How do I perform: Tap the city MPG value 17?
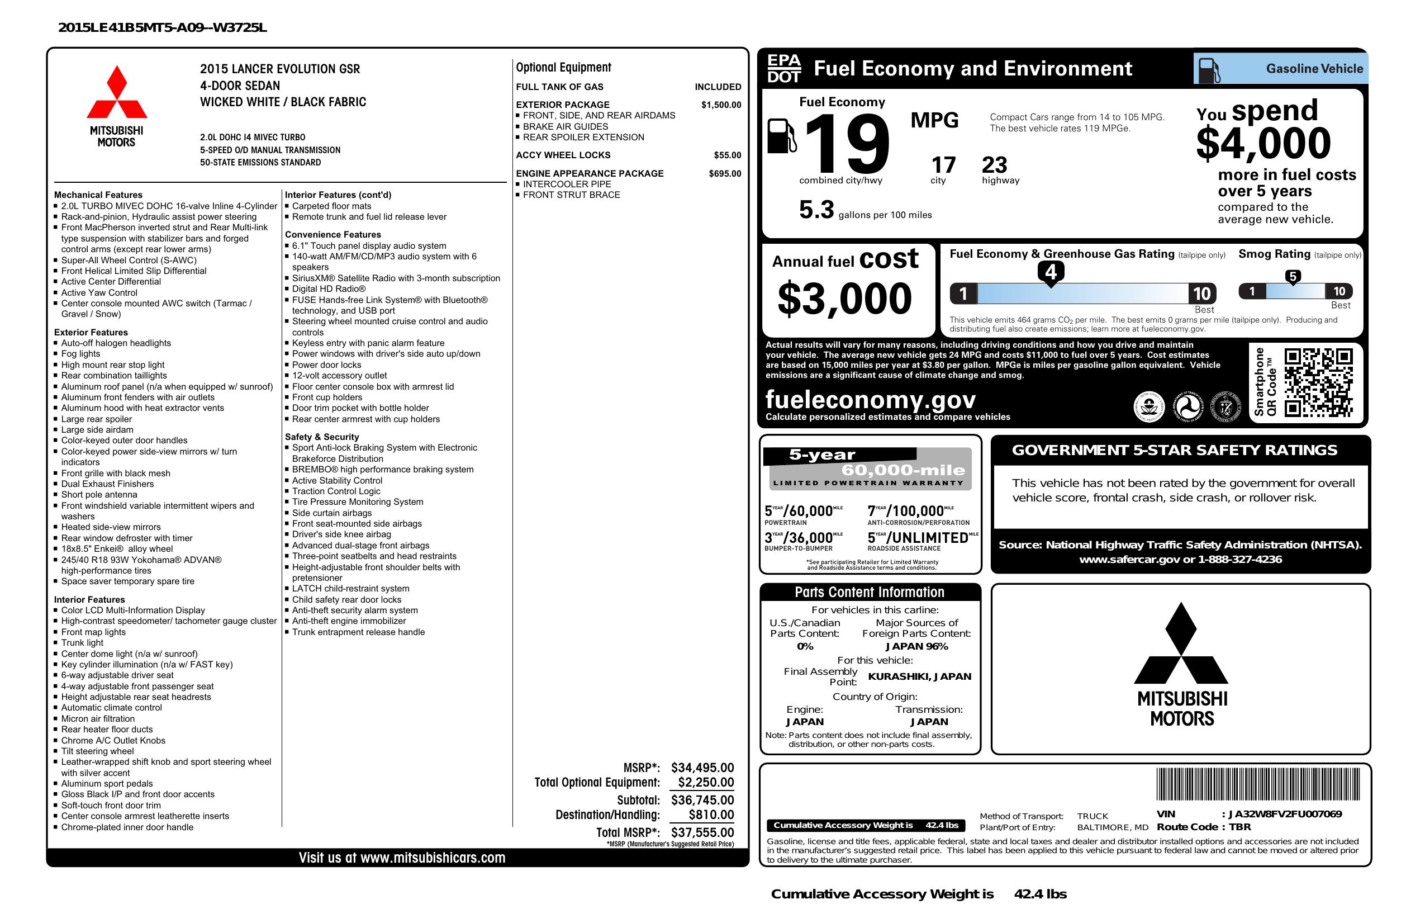(x=943, y=165)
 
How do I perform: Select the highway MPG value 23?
(x=995, y=165)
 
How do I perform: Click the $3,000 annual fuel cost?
(x=844, y=299)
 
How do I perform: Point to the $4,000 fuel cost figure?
(x=1263, y=143)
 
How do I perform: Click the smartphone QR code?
(x=1318, y=382)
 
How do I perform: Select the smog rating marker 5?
(x=1293, y=277)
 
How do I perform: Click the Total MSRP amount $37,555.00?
(x=702, y=832)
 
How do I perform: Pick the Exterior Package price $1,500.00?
(x=721, y=105)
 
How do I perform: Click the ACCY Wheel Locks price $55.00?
(x=727, y=155)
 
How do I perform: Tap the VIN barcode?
(x=1257, y=785)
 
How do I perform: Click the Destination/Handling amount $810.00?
(x=711, y=815)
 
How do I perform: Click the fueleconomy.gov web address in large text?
(x=871, y=399)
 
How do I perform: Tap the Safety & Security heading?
(x=321, y=437)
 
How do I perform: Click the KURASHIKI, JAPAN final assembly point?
(x=920, y=676)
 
